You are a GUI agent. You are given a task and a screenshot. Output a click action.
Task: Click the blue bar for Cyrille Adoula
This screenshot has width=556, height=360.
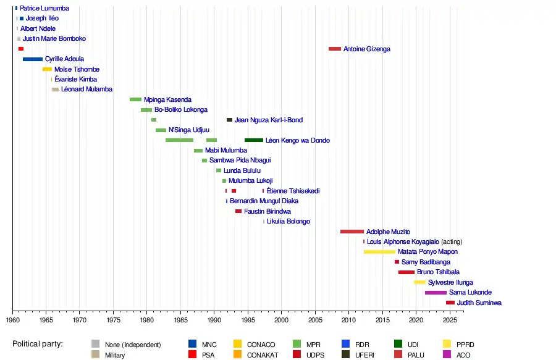point(33,59)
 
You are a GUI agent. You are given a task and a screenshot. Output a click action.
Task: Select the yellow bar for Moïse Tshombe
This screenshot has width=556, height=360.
point(47,69)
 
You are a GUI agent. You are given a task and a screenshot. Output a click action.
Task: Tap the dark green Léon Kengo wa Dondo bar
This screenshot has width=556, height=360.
point(254,140)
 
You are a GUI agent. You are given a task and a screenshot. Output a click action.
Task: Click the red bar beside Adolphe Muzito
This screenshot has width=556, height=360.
point(352,232)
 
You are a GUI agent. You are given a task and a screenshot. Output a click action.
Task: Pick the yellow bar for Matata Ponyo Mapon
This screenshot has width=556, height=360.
point(379,252)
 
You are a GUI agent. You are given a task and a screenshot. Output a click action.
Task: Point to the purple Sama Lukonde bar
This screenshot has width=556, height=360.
point(436,293)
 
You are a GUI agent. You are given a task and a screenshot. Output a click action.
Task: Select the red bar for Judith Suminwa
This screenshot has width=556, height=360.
point(450,303)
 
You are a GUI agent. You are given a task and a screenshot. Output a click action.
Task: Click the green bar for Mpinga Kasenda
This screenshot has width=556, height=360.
point(135,99)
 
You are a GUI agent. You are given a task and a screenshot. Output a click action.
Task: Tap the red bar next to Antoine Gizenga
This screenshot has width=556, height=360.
point(335,49)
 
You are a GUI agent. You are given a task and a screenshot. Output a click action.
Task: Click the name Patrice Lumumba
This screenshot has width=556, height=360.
point(44,9)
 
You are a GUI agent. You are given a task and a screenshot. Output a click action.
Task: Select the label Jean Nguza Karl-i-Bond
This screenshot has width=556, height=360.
point(269,120)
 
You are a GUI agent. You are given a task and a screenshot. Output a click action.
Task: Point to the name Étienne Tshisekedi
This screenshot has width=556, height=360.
point(293,191)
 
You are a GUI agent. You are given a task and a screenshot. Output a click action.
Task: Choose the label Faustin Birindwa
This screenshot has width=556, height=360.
point(267,211)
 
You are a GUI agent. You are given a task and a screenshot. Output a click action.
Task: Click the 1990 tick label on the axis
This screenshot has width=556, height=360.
point(214,320)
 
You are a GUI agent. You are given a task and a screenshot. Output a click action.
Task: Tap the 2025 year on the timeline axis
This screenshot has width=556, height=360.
point(449,320)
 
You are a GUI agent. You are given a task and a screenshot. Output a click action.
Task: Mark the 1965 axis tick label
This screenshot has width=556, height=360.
point(46,320)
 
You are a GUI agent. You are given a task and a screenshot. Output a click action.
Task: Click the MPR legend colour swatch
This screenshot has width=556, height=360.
point(296,344)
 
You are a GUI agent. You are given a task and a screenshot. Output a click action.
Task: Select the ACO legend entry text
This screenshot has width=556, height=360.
point(463,355)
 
